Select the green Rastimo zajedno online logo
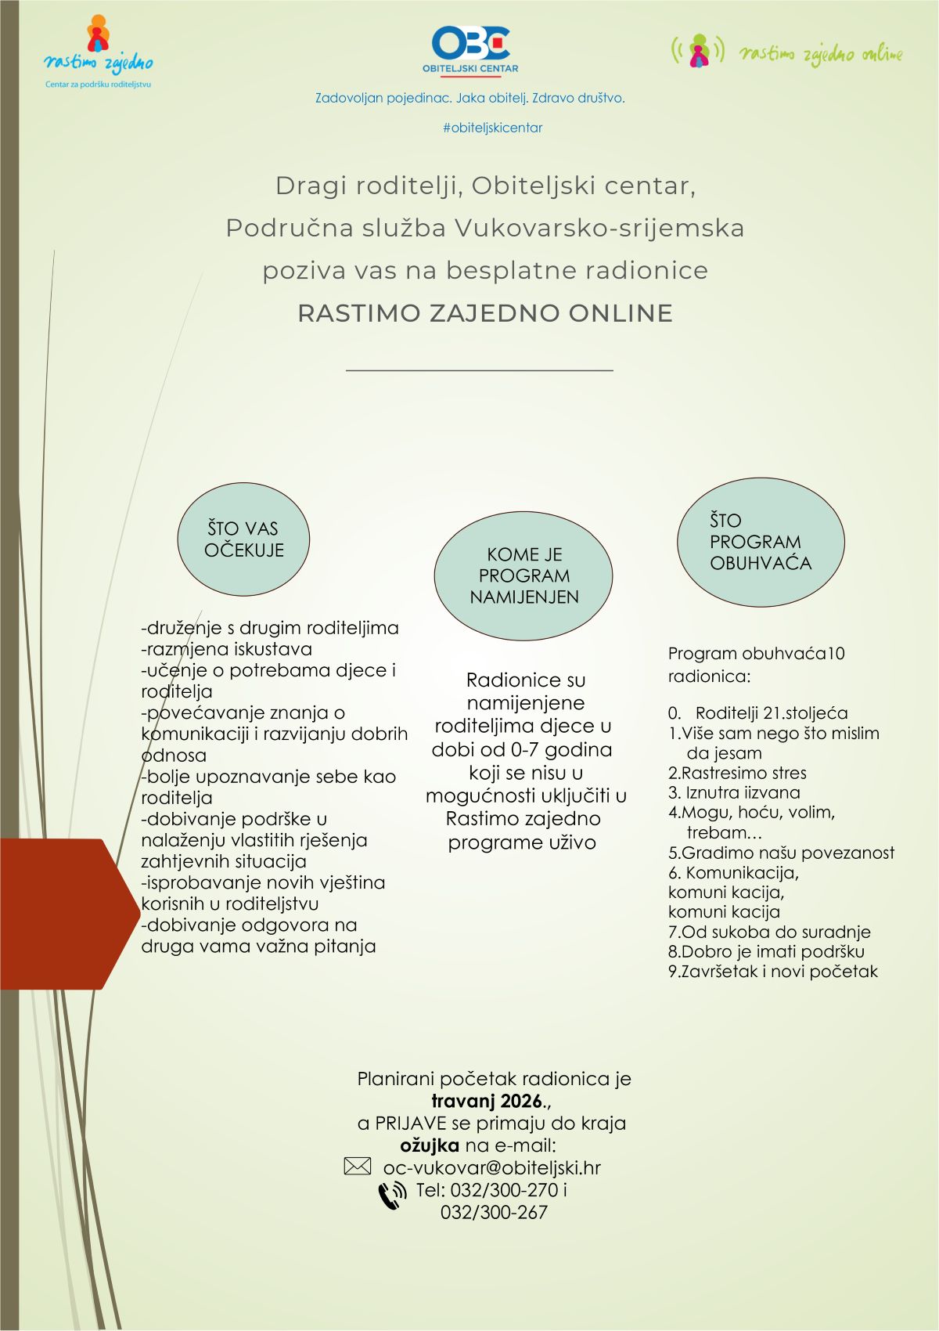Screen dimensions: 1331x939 [x=786, y=52]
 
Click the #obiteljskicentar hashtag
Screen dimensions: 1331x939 [x=492, y=128]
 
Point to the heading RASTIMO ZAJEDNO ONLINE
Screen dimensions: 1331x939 [x=485, y=313]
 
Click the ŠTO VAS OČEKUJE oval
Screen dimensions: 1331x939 [x=243, y=539]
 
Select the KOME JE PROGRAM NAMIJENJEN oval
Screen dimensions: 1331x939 [x=523, y=575]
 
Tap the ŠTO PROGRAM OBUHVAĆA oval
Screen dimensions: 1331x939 [x=761, y=542]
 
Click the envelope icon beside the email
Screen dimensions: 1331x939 [x=358, y=1167]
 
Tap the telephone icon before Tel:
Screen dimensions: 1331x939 [x=392, y=1196]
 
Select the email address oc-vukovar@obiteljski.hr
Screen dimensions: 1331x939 [x=491, y=1167]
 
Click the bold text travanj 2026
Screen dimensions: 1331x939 [x=487, y=1101]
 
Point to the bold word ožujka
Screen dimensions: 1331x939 [x=430, y=1145]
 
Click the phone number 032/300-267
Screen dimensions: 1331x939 [x=494, y=1212]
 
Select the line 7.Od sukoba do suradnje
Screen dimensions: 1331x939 [x=769, y=932]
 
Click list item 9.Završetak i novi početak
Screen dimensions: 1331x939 [x=773, y=972]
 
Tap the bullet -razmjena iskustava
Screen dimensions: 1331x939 [x=227, y=649]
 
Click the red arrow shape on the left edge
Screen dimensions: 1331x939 [x=67, y=913]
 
